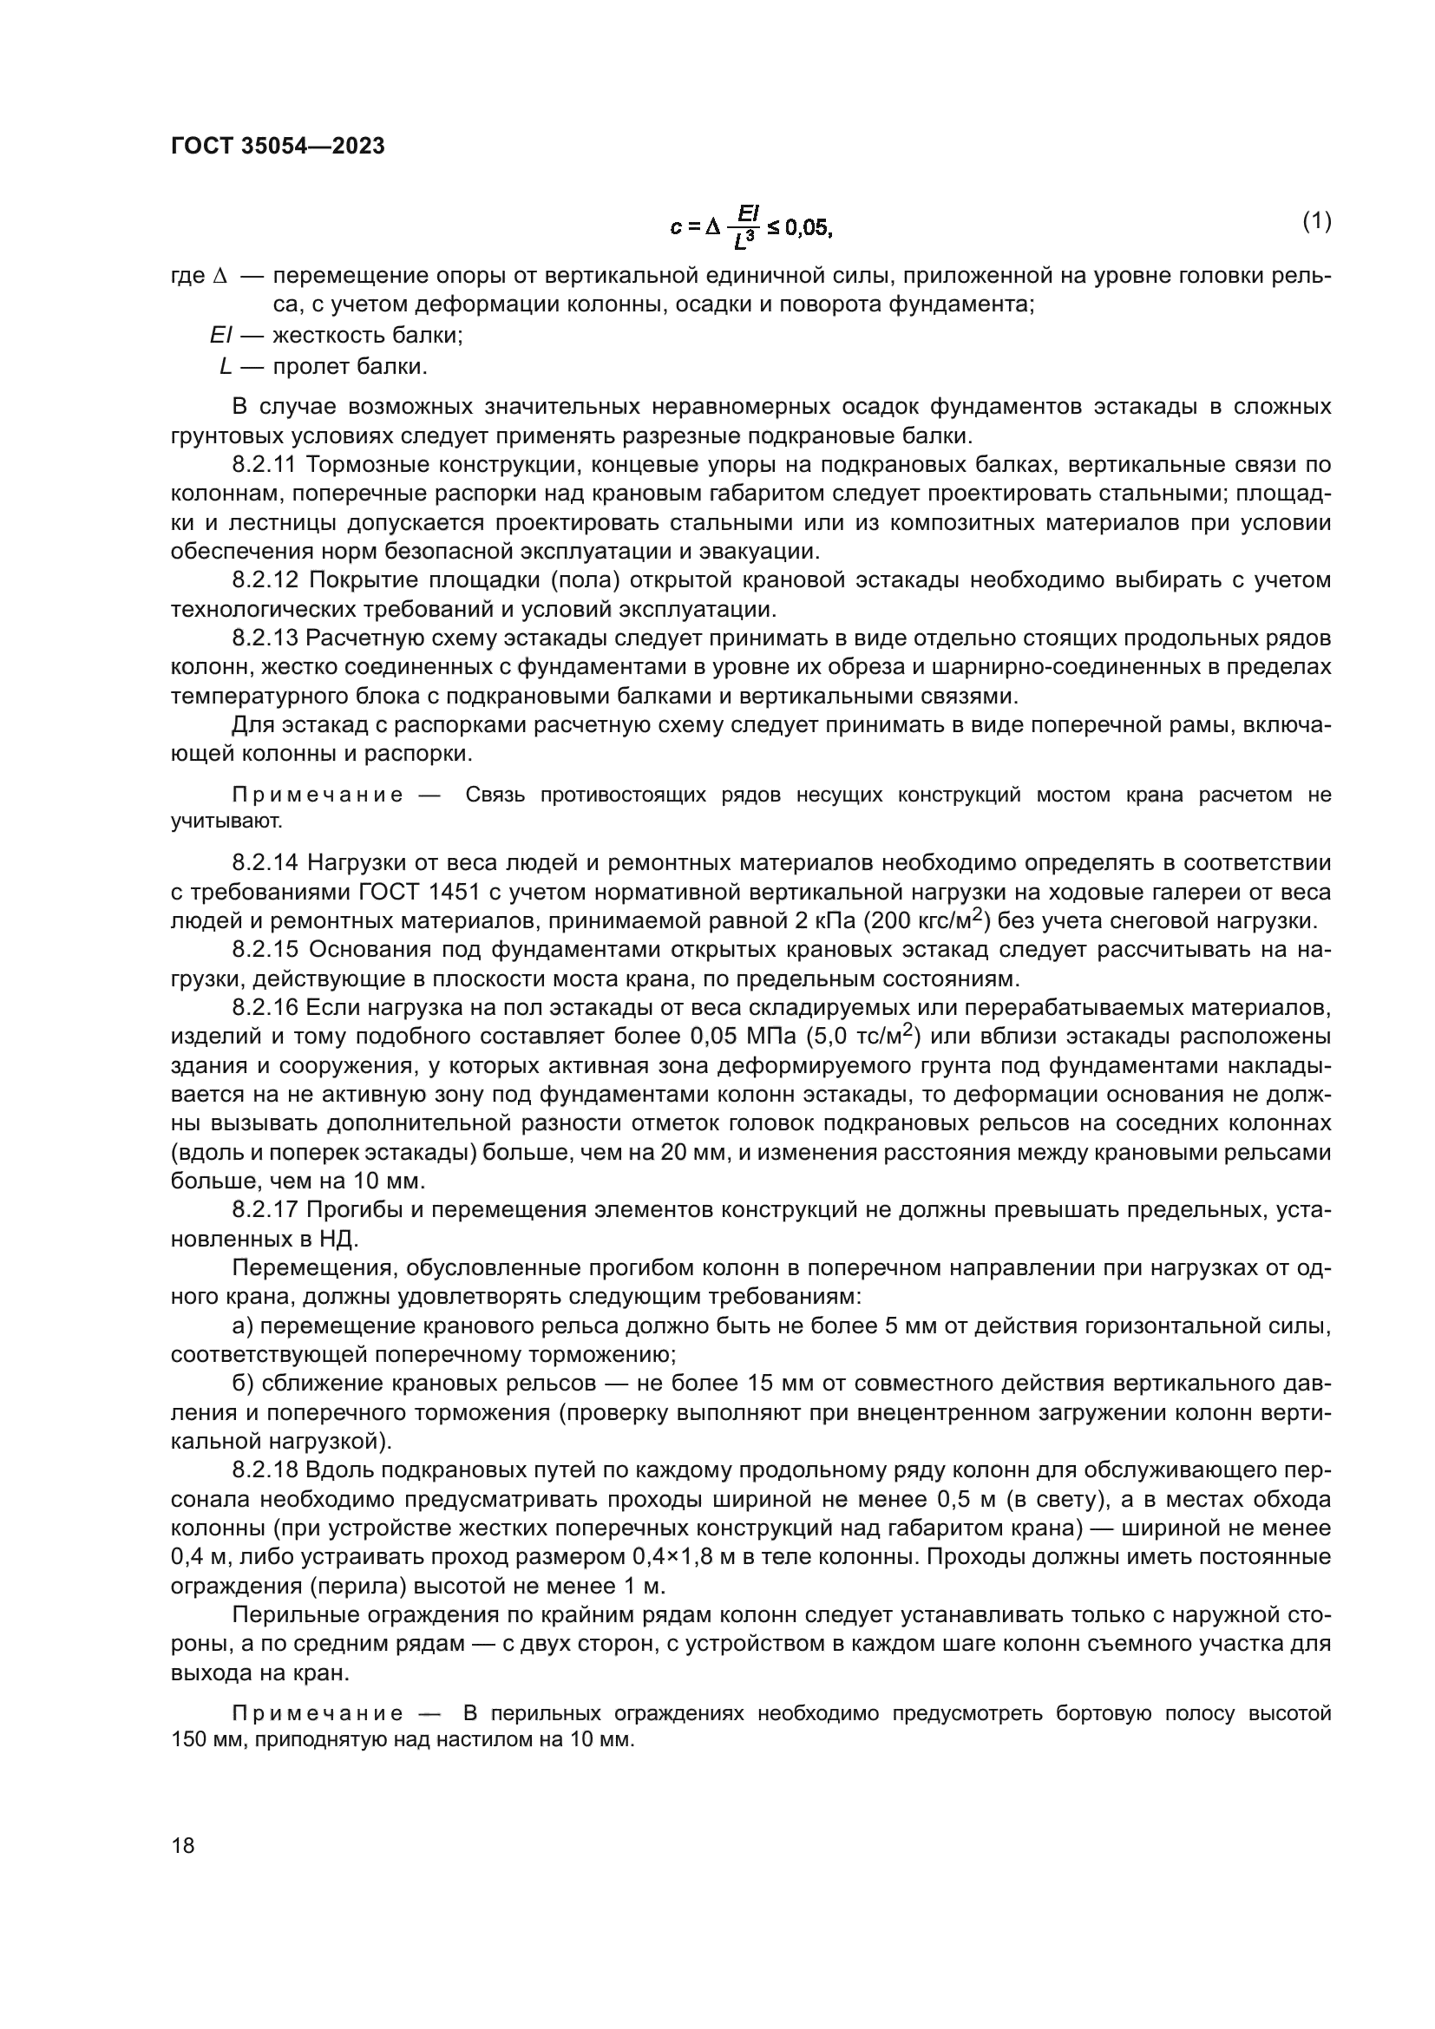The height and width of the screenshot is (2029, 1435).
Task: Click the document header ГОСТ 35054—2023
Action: pyautogui.click(x=278, y=147)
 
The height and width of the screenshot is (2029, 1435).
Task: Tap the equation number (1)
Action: pyautogui.click(x=1317, y=221)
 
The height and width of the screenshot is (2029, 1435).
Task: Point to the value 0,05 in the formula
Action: pyautogui.click(x=808, y=228)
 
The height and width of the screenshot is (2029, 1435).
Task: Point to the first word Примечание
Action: pyautogui.click(x=318, y=795)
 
